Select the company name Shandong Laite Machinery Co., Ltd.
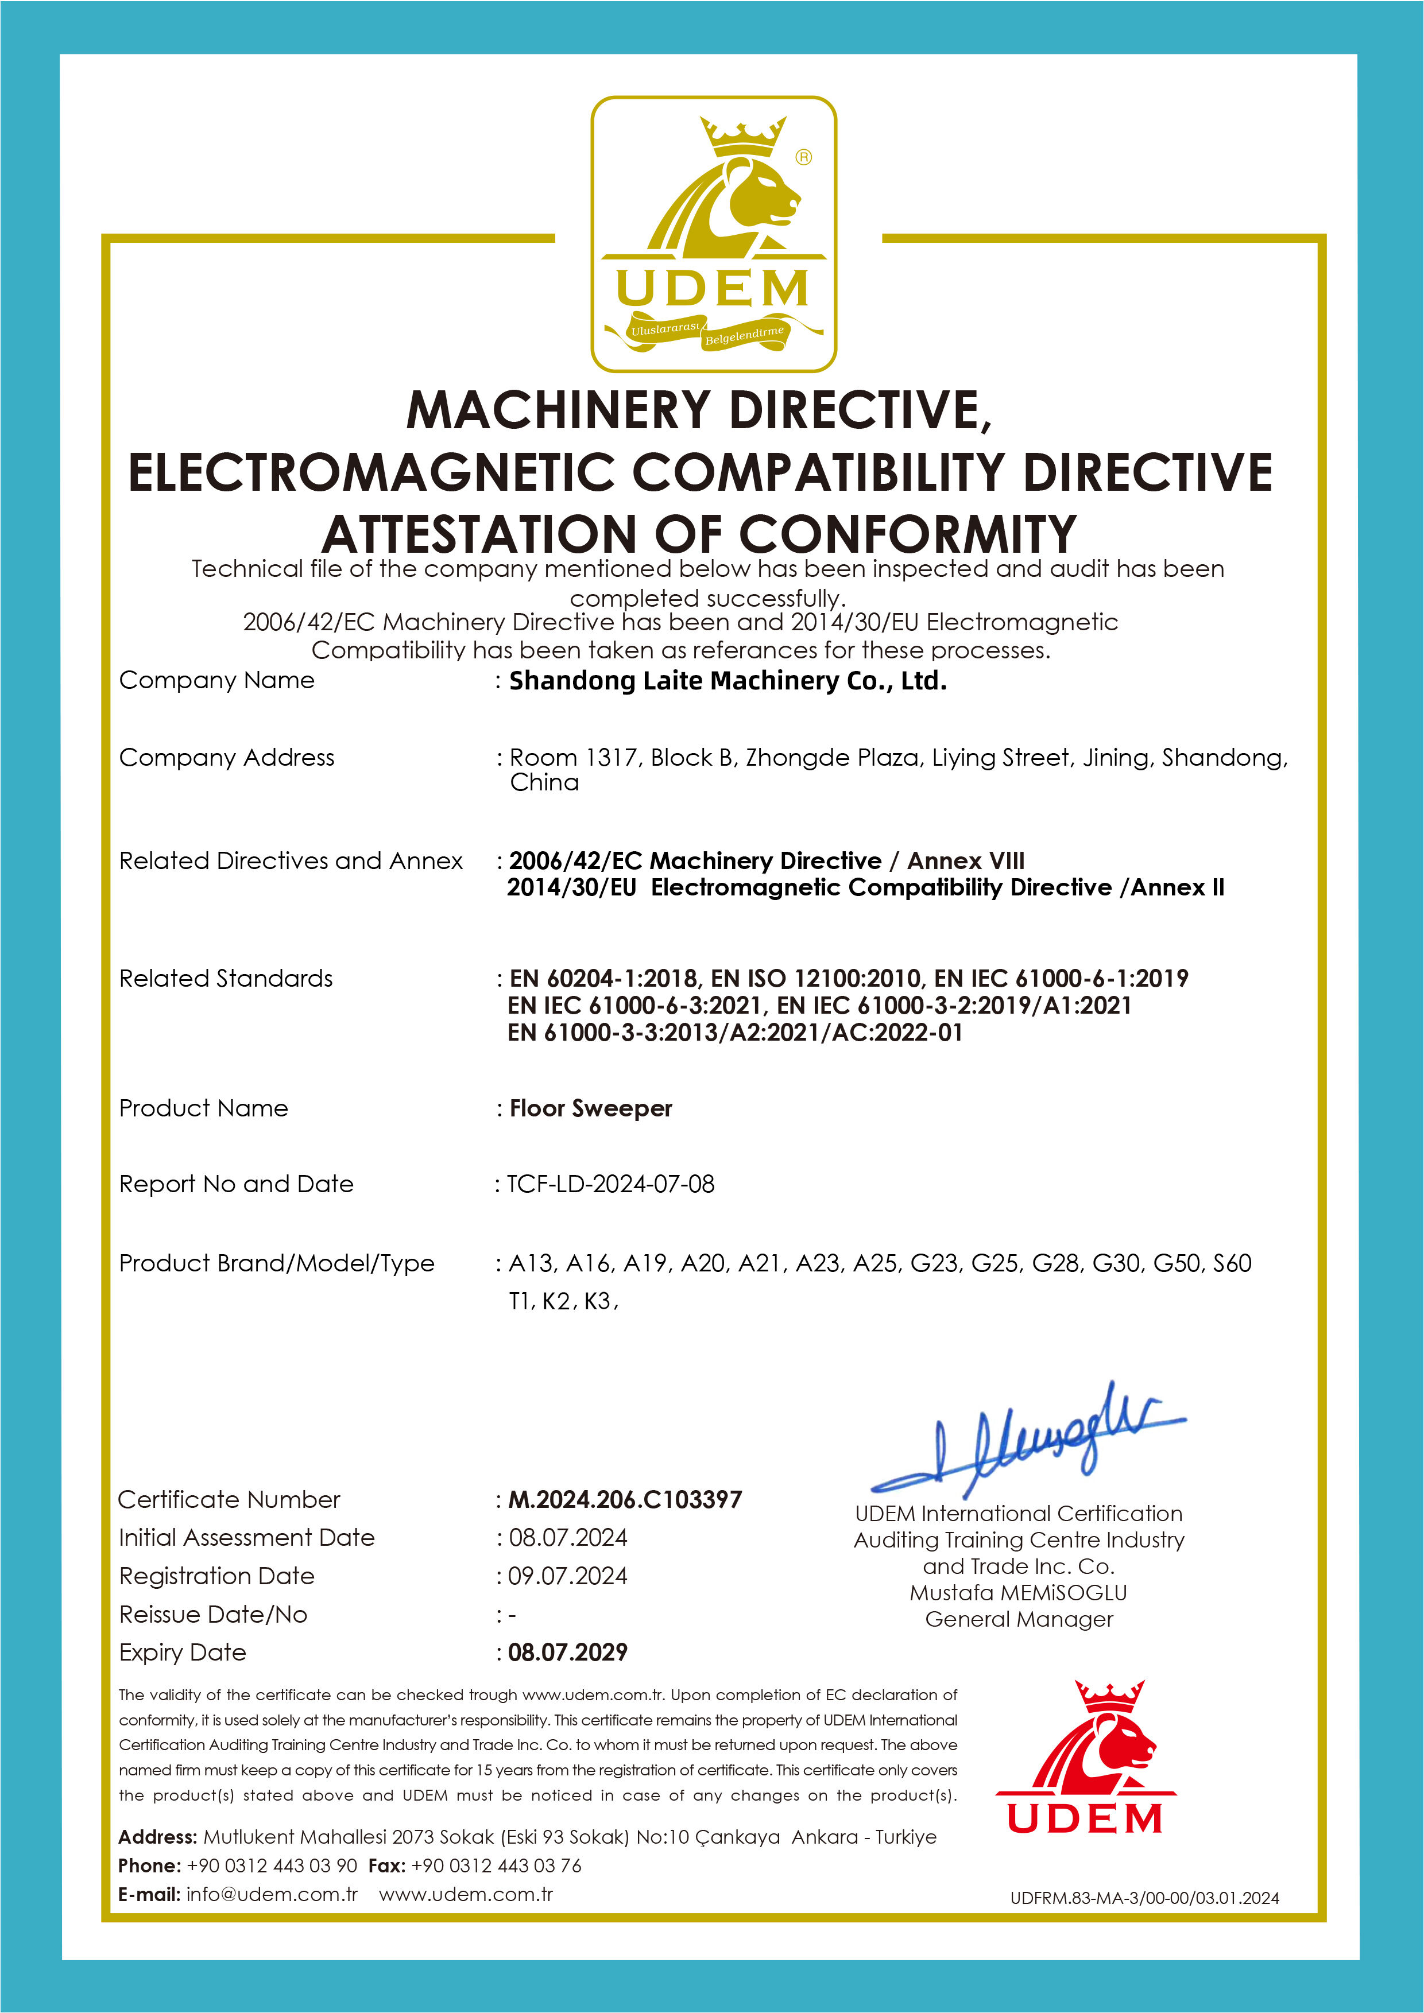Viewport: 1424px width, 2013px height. click(728, 680)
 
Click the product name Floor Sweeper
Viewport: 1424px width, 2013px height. click(590, 1108)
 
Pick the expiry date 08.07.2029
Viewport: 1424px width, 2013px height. click(568, 1652)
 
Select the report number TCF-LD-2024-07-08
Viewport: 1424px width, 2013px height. click(611, 1184)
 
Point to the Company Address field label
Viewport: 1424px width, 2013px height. click(226, 758)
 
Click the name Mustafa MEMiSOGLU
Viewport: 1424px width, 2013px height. click(1018, 1592)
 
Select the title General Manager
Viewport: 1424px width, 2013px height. click(1019, 1619)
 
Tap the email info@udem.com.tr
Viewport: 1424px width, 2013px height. click(272, 1894)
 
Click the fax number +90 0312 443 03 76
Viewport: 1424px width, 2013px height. click(496, 1865)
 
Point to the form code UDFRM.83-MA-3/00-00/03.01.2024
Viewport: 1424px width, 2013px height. click(1144, 1898)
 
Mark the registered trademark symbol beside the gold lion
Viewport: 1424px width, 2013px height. click(803, 157)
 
